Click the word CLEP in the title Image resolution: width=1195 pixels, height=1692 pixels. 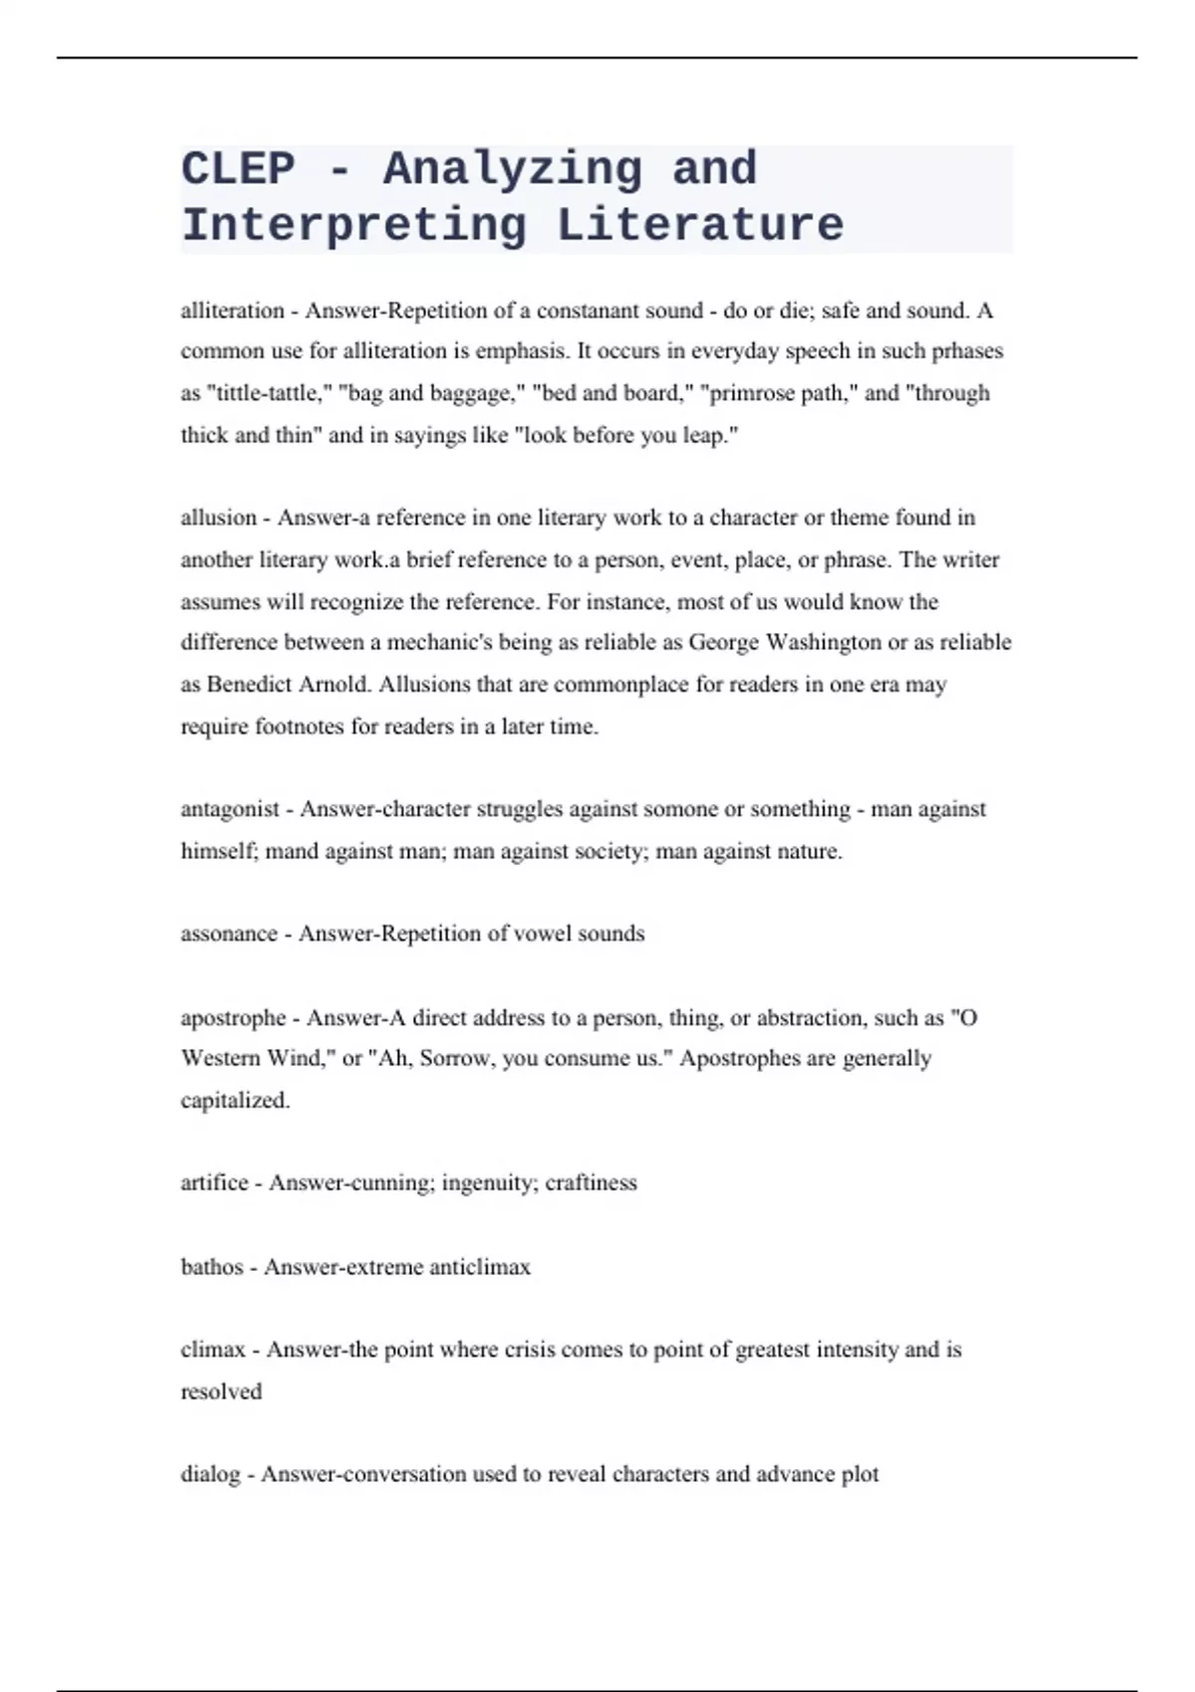tap(238, 169)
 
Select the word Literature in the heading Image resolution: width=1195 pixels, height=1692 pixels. tap(700, 226)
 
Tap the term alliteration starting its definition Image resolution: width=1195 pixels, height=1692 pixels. tap(232, 311)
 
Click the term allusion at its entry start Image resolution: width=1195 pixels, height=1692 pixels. tap(218, 518)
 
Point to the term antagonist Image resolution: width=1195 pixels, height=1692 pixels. tap(230, 809)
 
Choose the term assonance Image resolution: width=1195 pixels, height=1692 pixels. tap(229, 934)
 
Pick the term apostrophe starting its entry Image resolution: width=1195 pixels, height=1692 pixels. tap(233, 1018)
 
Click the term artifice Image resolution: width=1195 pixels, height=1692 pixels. tap(214, 1182)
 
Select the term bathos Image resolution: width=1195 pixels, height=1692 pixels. tap(211, 1267)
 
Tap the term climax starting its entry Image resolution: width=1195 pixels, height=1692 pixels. tap(212, 1350)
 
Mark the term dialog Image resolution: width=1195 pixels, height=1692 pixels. tap(210, 1474)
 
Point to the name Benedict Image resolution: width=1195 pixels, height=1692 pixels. tap(248, 685)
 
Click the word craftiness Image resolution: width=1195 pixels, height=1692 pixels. tap(591, 1182)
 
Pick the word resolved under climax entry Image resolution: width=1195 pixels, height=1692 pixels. tap(221, 1391)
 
